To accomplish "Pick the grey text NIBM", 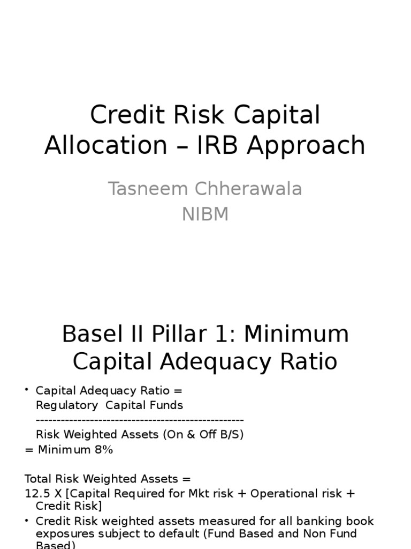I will click(x=205, y=214).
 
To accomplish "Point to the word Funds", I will click(x=165, y=405).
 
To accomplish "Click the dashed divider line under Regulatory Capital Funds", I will click(x=140, y=420).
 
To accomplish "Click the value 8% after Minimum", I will click(x=103, y=450).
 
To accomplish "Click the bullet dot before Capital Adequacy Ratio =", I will click(x=27, y=390).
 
